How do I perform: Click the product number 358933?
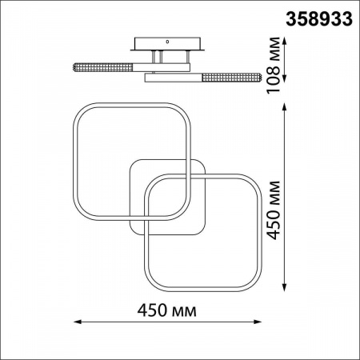point(319,19)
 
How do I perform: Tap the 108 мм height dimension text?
point(274,65)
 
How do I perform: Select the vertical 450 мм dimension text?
point(274,210)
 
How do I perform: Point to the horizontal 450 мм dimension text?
point(167,310)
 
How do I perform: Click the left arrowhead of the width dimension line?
point(77,322)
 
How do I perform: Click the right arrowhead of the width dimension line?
point(258,322)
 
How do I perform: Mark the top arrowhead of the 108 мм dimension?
point(284,42)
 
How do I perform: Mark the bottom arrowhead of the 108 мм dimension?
point(284,78)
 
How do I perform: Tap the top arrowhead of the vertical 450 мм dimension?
point(284,107)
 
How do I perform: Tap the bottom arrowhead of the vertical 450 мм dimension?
point(284,288)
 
